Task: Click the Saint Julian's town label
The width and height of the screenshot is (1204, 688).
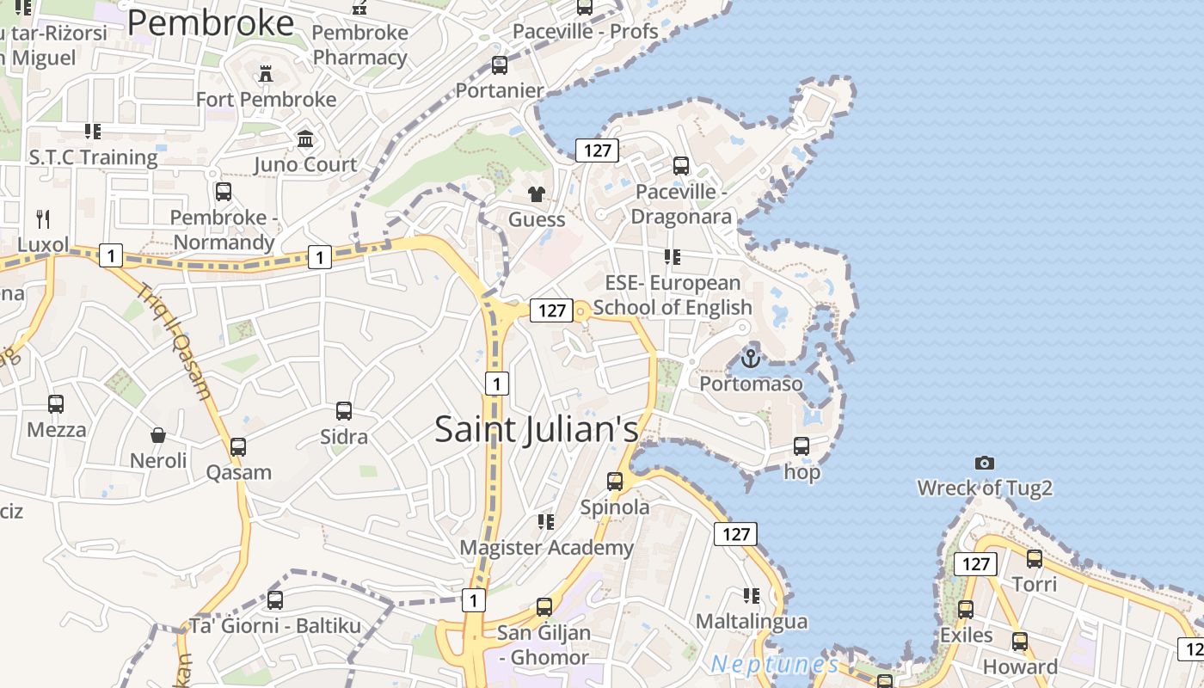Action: (x=537, y=428)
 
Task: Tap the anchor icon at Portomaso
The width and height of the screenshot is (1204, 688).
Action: (x=751, y=357)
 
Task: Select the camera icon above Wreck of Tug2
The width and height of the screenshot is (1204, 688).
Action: (x=985, y=463)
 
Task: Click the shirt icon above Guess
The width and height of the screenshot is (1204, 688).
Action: (x=537, y=193)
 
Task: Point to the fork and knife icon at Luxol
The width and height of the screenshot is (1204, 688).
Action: (x=42, y=218)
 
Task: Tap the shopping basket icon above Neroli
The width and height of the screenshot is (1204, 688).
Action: (x=158, y=435)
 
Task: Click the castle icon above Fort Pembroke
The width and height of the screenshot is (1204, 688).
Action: (x=266, y=74)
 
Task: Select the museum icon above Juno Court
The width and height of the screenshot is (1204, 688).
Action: (x=305, y=138)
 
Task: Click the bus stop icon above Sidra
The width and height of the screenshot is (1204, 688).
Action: (x=344, y=411)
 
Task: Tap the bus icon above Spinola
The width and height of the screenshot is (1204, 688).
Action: (x=615, y=482)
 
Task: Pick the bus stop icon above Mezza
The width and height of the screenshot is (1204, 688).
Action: (x=56, y=404)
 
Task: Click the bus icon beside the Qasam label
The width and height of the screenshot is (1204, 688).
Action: (x=238, y=447)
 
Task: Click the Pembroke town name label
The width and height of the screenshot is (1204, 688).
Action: (x=211, y=23)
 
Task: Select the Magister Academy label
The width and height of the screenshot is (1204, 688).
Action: (x=546, y=547)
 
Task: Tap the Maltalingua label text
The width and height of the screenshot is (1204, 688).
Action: (x=751, y=621)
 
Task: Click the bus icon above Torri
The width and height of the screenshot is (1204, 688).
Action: (x=1034, y=559)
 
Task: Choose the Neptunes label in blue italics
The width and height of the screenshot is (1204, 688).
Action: (x=774, y=664)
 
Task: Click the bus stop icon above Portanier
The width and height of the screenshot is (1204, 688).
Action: (x=500, y=65)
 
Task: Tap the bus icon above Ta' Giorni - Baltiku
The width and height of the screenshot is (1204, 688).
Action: (x=275, y=600)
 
